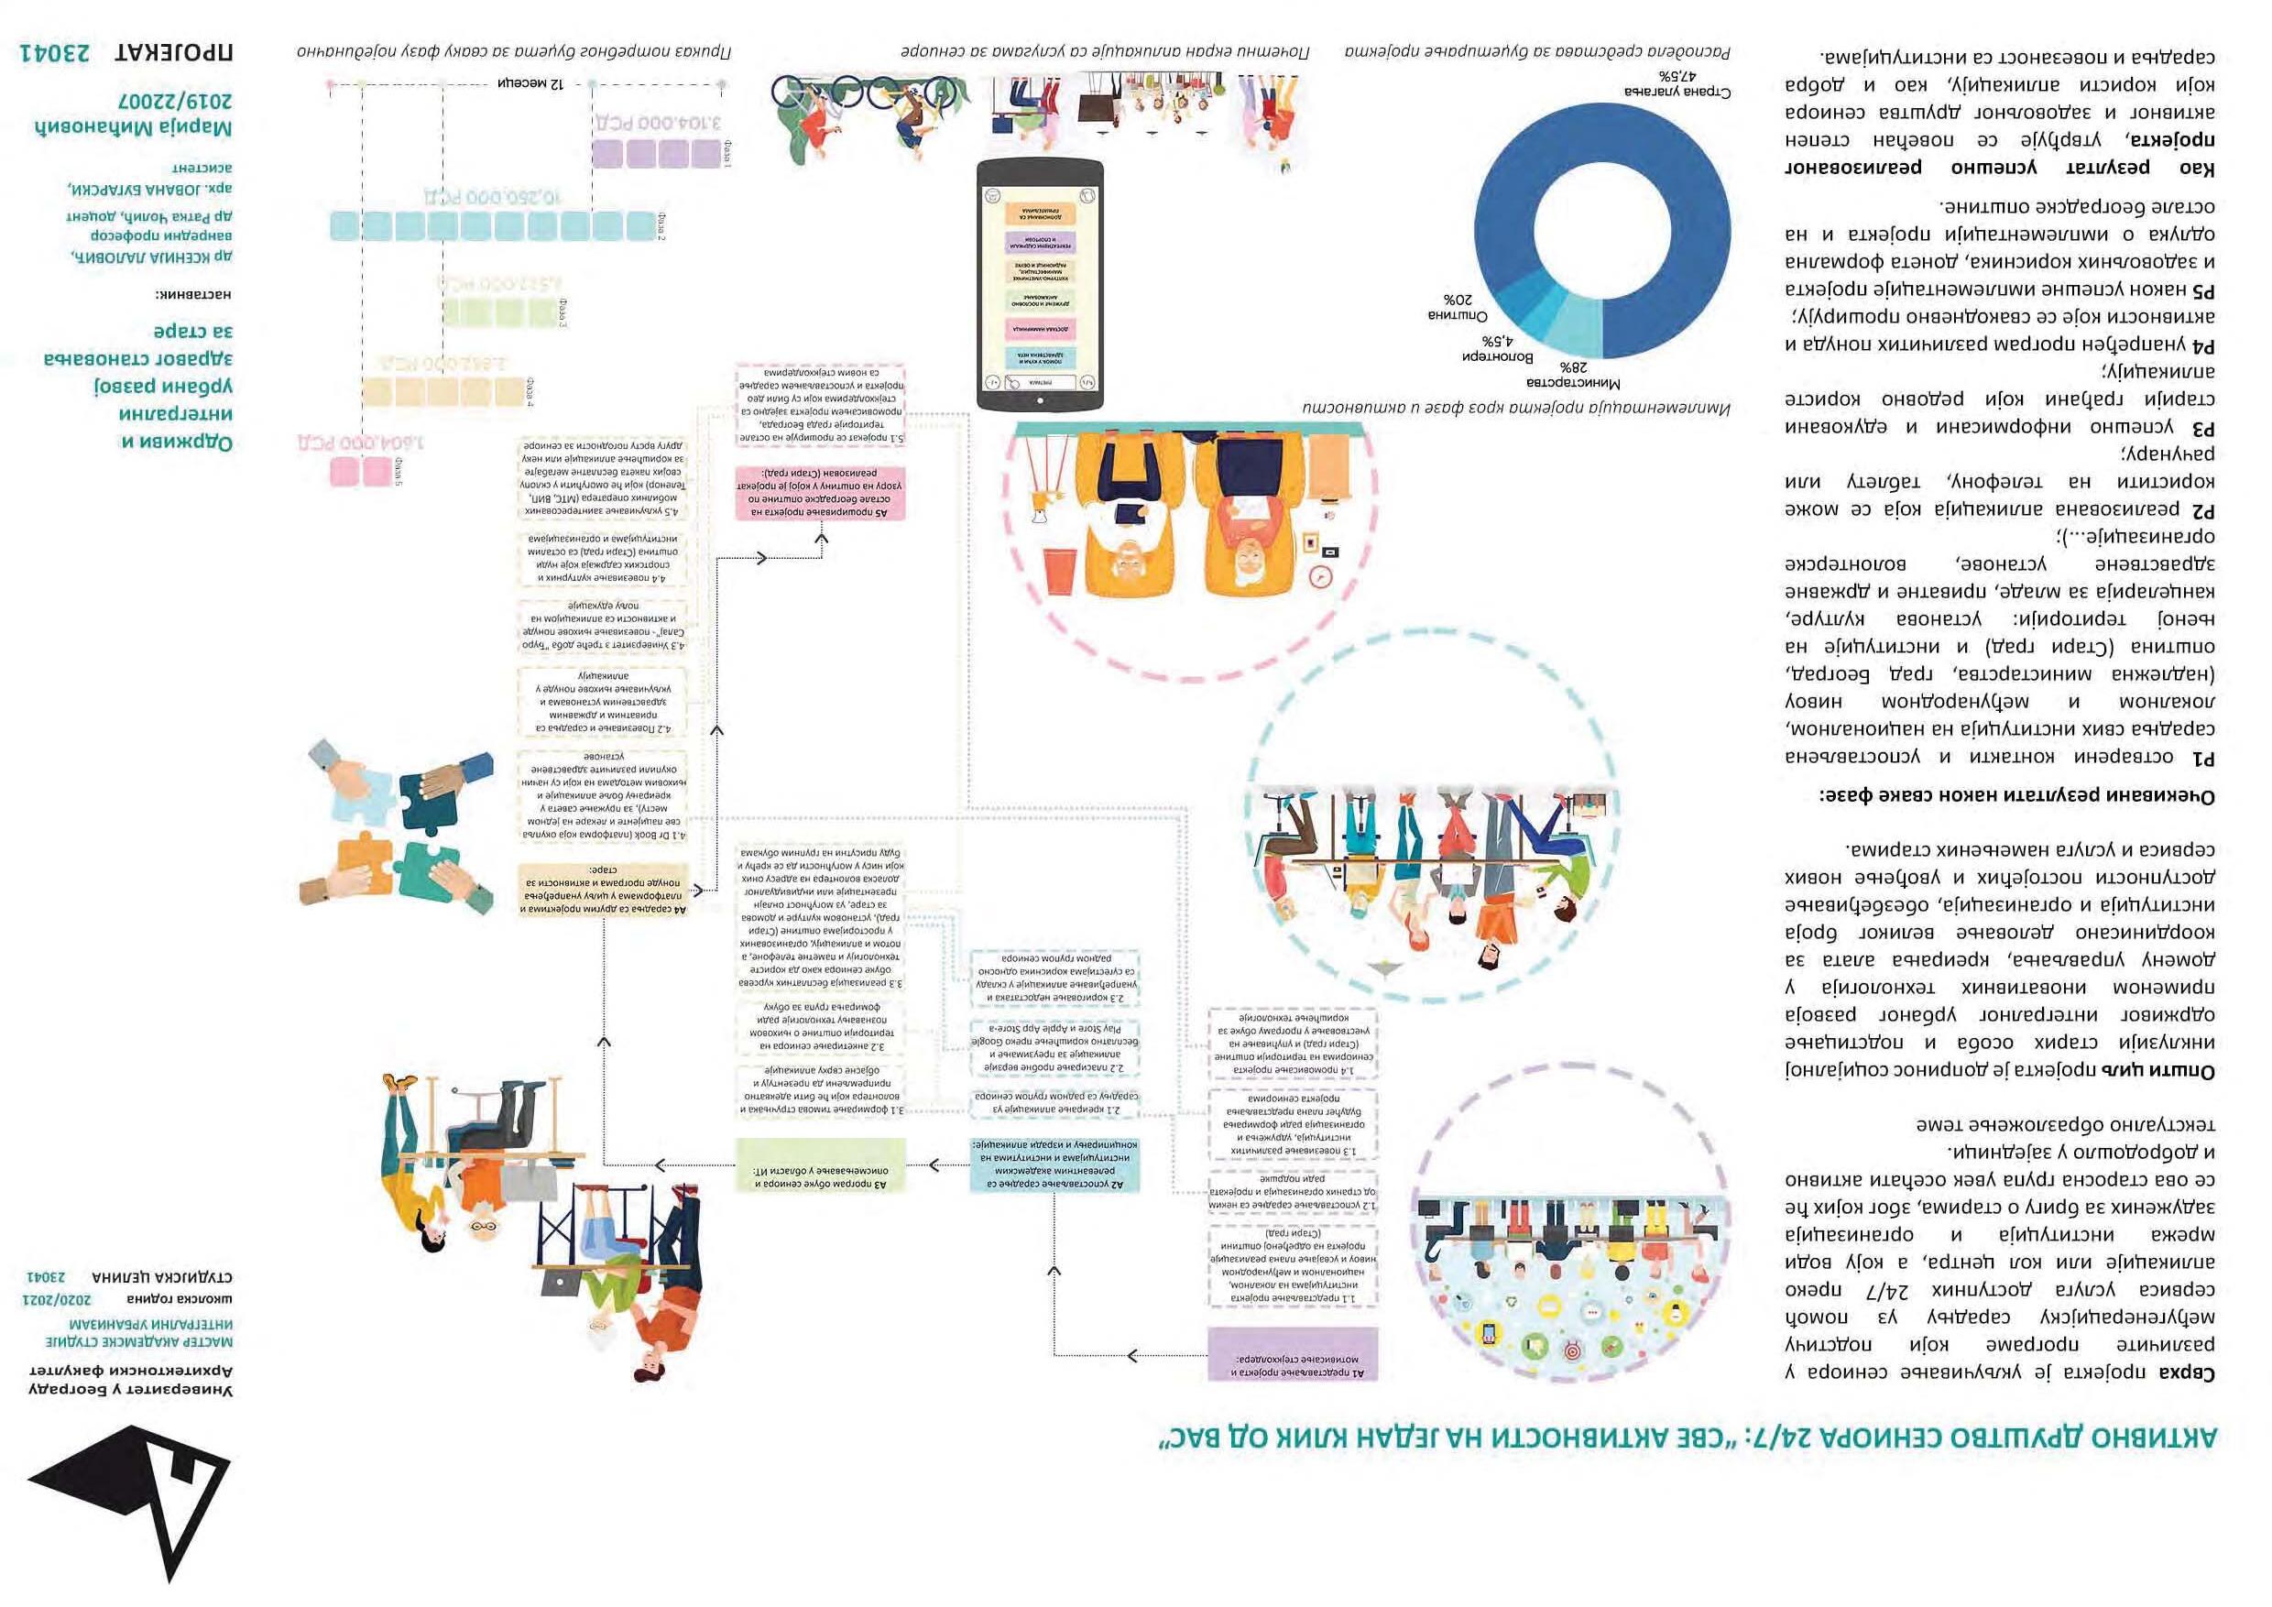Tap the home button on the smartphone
[1040, 399]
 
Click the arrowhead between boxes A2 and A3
[935, 1164]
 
